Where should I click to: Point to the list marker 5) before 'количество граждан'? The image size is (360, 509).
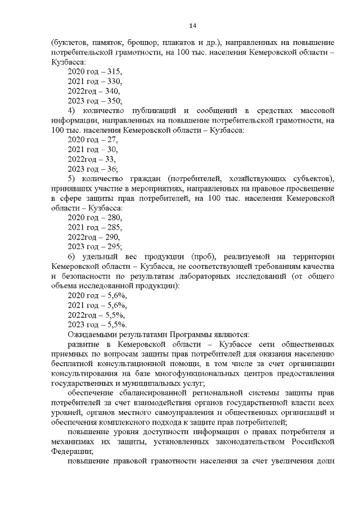[x=72, y=178]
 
